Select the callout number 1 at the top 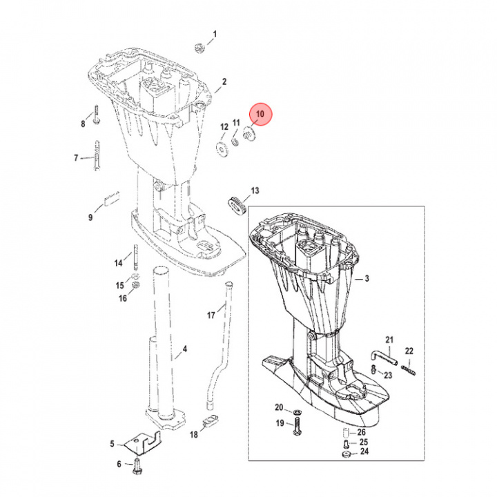click(215, 34)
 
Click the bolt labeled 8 click(96, 115)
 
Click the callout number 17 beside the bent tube click(212, 315)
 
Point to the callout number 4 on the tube click(184, 349)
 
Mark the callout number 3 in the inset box click(367, 278)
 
